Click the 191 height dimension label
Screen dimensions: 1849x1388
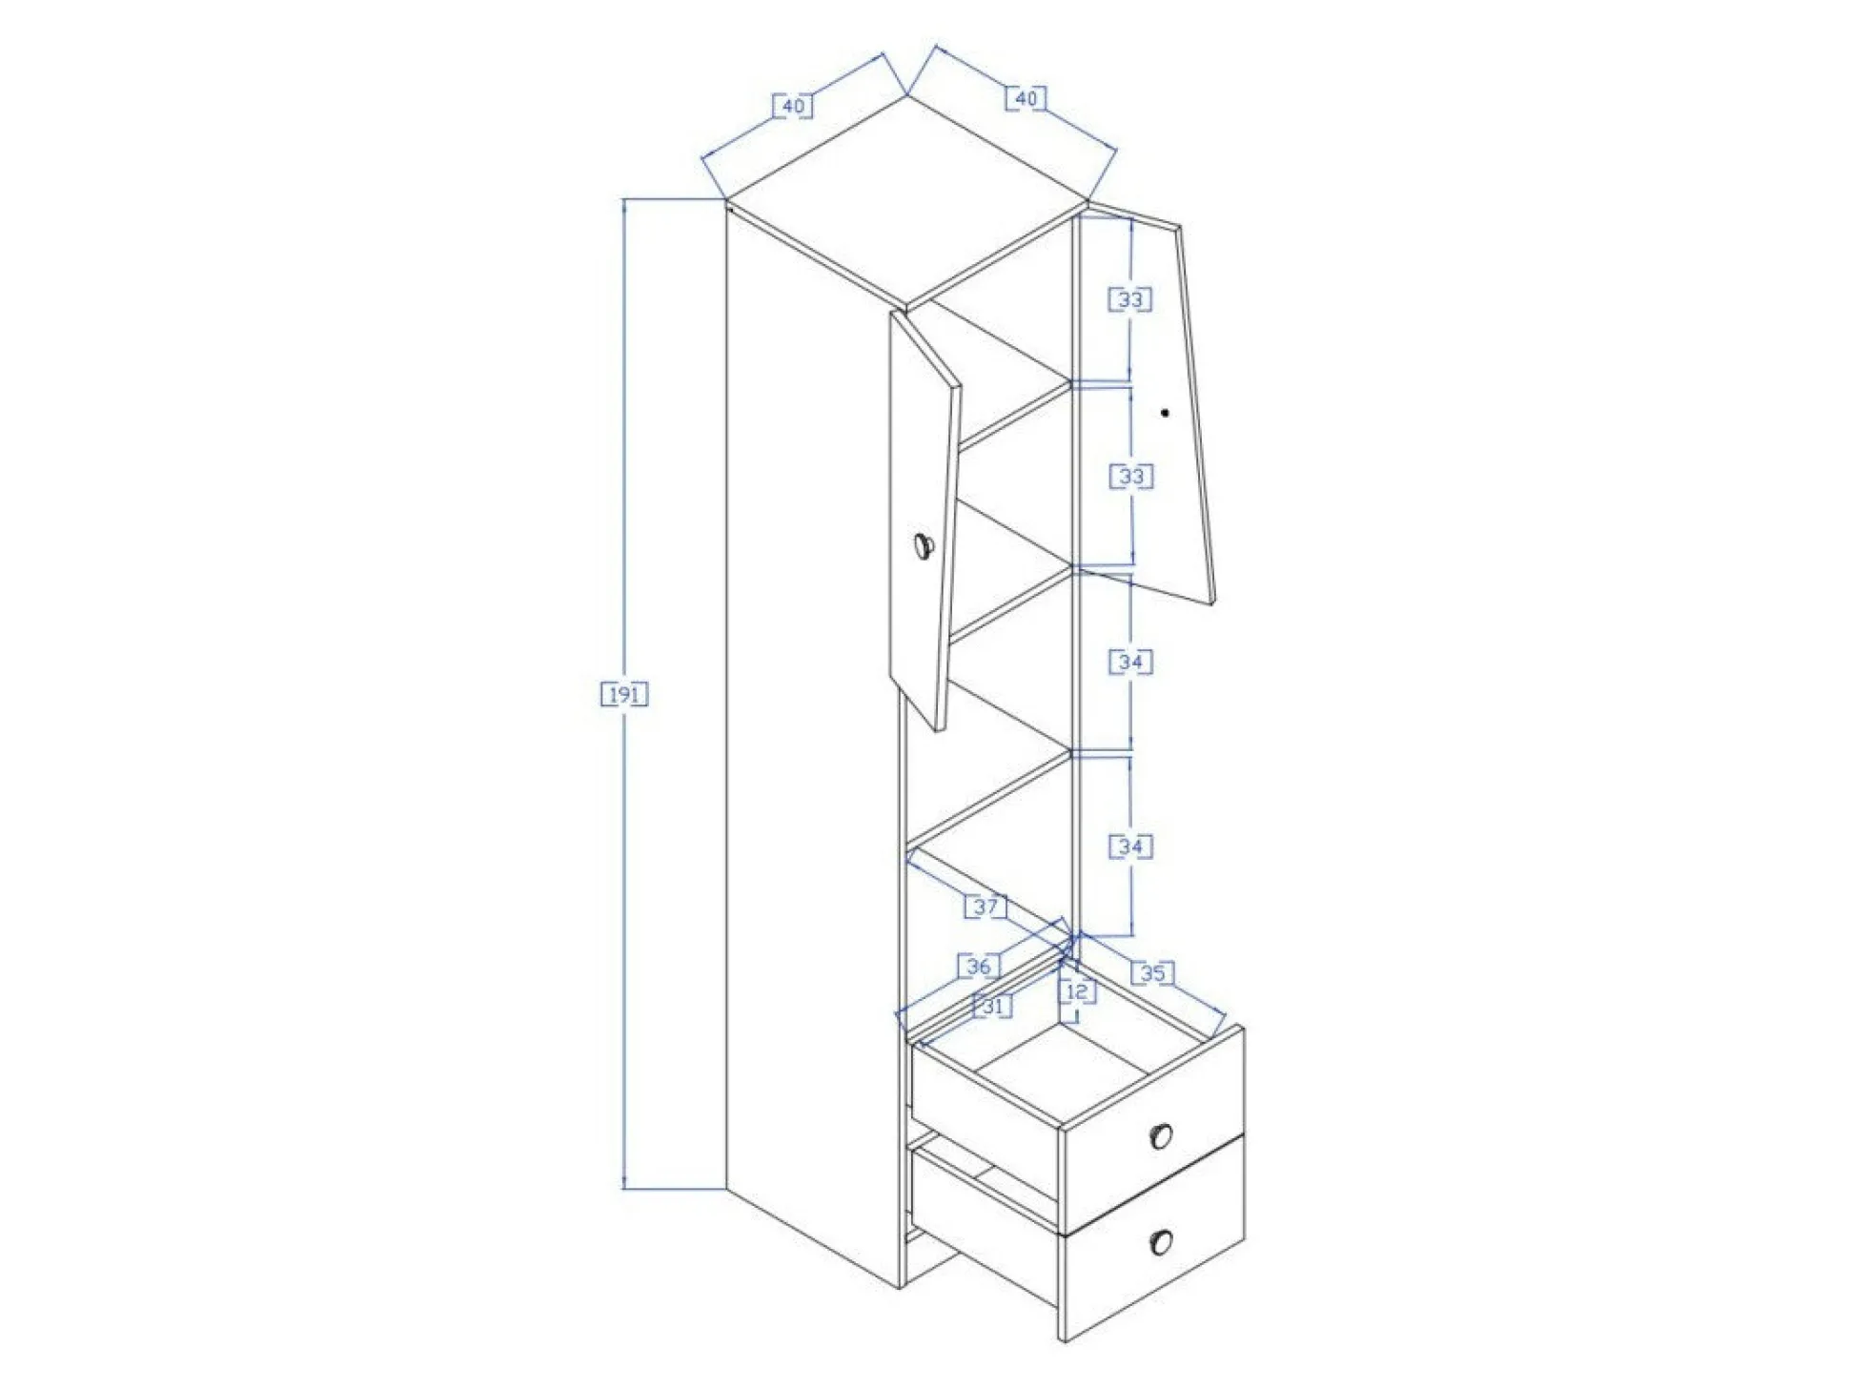[x=624, y=694]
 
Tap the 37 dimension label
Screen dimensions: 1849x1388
[x=985, y=906]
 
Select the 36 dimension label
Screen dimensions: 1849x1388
[x=979, y=966]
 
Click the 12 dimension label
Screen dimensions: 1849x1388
[x=1077, y=991]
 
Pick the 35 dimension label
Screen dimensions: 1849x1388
[x=1152, y=972]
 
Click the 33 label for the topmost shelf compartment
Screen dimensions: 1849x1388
[x=1130, y=299]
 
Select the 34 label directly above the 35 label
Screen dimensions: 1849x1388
[x=1130, y=846]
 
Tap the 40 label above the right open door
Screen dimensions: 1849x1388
[x=1026, y=98]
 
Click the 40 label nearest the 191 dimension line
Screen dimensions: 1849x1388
[x=793, y=106]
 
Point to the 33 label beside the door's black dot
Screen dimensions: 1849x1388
[x=1131, y=476]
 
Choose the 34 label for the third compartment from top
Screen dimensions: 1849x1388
[x=1130, y=661]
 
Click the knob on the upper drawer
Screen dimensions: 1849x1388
[x=1161, y=1135]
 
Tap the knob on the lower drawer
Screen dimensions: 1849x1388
[x=1161, y=1241]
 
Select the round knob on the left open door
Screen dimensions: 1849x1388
[x=924, y=546]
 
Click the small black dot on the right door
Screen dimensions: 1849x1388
[x=1165, y=413]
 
